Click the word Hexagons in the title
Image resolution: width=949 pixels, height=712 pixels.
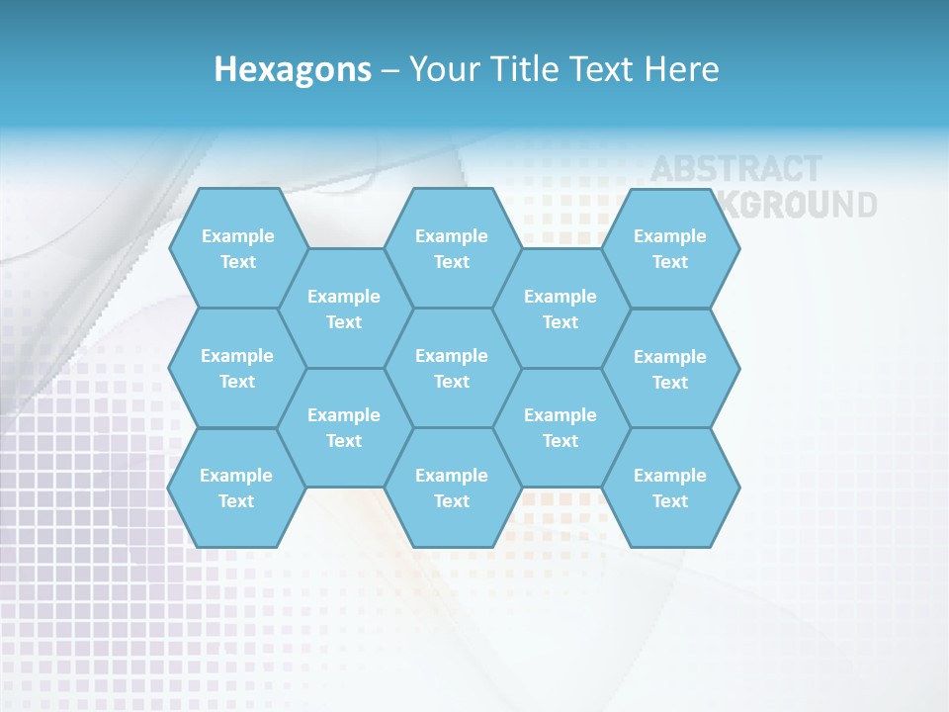coord(293,69)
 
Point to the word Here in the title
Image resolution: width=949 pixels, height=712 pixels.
coord(682,69)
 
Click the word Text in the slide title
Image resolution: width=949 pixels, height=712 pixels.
coord(607,69)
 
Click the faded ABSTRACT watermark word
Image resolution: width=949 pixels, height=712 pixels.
coord(735,169)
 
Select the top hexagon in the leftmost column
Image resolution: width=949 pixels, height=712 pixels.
coord(237,248)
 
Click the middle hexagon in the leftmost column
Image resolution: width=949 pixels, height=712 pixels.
coord(237,368)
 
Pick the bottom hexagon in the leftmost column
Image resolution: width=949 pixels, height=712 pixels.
coord(236,488)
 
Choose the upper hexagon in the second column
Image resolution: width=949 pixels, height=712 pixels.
coord(344,309)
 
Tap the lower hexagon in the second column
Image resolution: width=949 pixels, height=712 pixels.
coord(344,427)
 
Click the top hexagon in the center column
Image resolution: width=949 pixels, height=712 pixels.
coord(452,248)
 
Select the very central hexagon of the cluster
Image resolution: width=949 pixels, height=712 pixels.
coord(452,368)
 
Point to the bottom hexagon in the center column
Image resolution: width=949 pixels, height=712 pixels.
coord(452,488)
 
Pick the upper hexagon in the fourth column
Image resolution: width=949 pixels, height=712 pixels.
coord(561,309)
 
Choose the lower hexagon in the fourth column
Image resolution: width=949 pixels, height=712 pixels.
coord(561,427)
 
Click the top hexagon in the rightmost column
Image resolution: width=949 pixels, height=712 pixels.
coord(670,248)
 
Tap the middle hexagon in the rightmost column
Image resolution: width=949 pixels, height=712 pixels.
coord(670,369)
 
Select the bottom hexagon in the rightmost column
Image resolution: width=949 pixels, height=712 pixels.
coord(670,488)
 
